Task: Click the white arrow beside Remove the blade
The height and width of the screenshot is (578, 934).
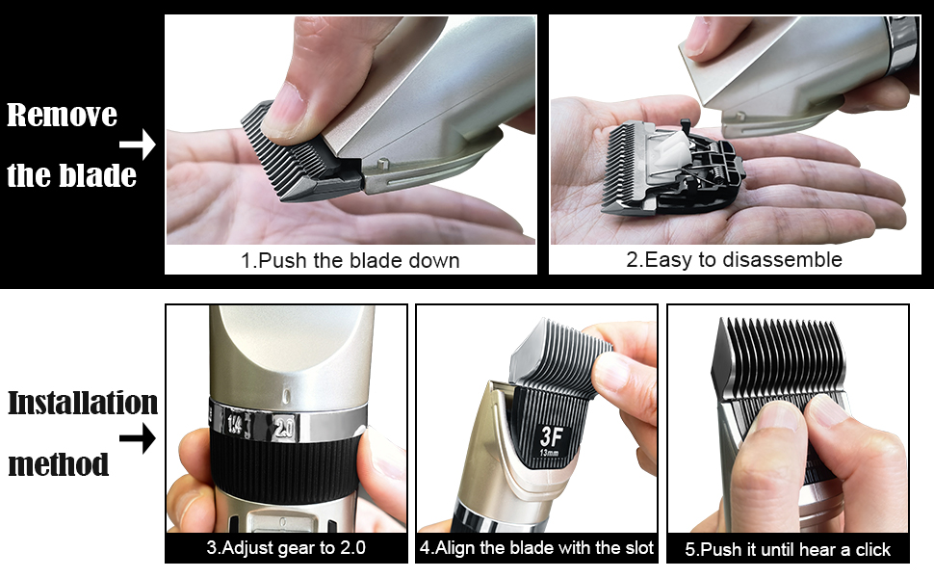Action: [139, 144]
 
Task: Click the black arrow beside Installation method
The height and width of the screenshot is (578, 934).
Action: [138, 438]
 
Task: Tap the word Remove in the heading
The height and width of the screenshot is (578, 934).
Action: [62, 115]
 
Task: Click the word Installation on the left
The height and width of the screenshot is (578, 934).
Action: [83, 403]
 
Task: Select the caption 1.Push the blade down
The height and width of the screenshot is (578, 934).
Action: [350, 260]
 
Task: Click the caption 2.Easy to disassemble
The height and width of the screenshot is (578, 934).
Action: [734, 259]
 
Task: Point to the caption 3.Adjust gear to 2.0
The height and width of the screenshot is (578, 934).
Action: [286, 547]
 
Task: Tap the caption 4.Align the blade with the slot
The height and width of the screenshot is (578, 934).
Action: [536, 547]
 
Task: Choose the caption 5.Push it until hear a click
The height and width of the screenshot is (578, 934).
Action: [788, 549]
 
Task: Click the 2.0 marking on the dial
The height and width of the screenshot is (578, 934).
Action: [284, 428]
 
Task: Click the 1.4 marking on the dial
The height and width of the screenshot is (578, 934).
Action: [235, 424]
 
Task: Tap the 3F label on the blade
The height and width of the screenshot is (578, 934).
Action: [552, 436]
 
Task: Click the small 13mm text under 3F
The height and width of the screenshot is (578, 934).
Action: [550, 453]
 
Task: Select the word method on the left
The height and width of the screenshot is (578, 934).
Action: [59, 464]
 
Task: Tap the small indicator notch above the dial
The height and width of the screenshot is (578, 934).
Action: [287, 395]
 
